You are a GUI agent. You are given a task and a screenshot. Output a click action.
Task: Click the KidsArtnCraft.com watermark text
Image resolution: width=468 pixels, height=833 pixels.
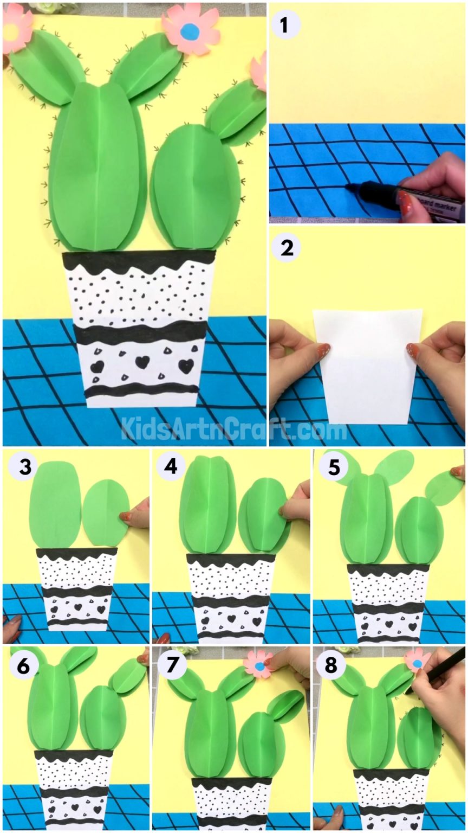233,428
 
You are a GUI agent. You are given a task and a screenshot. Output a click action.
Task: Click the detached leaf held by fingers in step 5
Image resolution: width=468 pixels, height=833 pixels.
444,488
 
